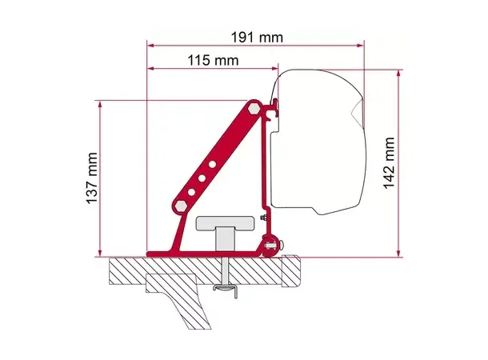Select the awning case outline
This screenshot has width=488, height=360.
[320, 144]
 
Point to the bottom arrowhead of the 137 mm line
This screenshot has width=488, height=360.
[102, 252]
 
